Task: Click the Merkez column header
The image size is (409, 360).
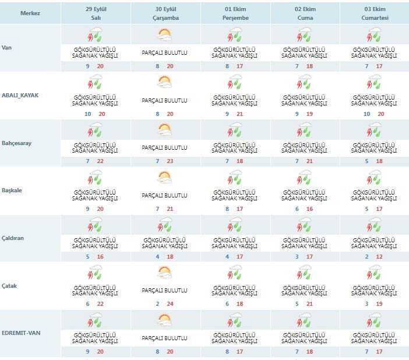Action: tap(30, 13)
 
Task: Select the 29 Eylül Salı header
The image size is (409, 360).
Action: tap(96, 13)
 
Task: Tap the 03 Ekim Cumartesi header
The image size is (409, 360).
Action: tap(375, 13)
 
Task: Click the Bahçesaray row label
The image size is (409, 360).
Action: tap(16, 143)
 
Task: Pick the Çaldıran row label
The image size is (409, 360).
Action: tap(12, 238)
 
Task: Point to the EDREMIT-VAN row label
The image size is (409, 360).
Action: tap(21, 333)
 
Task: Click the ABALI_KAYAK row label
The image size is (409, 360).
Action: tap(20, 95)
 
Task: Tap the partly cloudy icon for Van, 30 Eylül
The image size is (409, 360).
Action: tap(165, 35)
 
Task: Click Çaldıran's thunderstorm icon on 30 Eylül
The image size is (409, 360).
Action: tap(165, 225)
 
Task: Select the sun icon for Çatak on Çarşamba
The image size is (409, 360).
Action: tap(165, 273)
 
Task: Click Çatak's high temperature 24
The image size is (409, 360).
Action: tap(170, 304)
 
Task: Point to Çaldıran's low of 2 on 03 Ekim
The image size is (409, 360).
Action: tap(366, 257)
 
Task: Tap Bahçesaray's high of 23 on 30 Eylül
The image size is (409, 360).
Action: tap(170, 161)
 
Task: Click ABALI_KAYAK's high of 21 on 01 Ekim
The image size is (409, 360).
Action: tap(239, 114)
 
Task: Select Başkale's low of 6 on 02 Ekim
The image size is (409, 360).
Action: tap(297, 209)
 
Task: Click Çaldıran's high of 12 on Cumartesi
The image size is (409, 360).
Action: tap(379, 257)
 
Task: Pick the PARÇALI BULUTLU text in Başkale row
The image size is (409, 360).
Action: tap(165, 195)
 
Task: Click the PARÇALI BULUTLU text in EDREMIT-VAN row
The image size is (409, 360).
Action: tap(165, 338)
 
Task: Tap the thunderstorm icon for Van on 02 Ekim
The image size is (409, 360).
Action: tap(304, 35)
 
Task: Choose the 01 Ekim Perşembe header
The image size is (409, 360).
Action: tap(235, 13)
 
